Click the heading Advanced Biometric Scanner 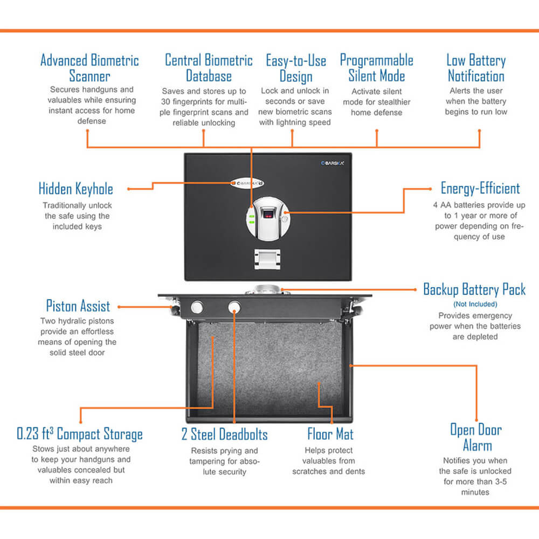point(89,68)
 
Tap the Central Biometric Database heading point(209,68)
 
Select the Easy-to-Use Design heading point(296,68)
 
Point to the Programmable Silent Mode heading point(376,68)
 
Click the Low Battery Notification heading point(476,68)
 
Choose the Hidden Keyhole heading point(76,189)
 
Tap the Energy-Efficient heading point(480,189)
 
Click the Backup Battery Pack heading point(474,289)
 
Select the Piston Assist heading point(78,306)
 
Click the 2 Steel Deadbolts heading point(224,434)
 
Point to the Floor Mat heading point(330,434)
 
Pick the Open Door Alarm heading point(476,438)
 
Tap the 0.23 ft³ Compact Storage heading point(80,434)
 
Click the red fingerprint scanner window point(268,216)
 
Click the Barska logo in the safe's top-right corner point(333,163)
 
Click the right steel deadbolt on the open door point(234,307)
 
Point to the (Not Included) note point(475,305)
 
